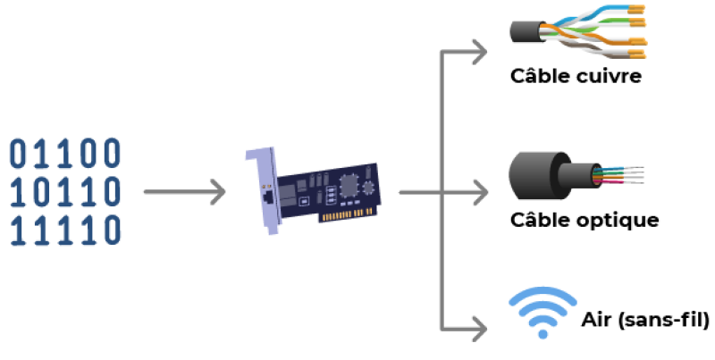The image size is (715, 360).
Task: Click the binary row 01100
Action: coord(64,153)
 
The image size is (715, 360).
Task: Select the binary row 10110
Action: coord(64,191)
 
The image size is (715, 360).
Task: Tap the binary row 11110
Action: coord(64,230)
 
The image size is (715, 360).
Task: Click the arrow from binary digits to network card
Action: coord(183,191)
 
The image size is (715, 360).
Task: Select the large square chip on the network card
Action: coord(350,184)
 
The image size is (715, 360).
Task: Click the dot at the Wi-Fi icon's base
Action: coord(542,334)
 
